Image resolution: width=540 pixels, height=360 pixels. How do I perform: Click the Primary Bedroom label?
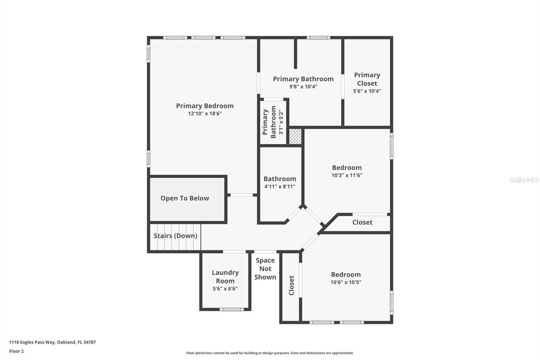205,106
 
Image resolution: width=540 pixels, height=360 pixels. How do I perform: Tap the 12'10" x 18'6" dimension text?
205,114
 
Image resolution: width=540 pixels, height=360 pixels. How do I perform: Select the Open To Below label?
185,198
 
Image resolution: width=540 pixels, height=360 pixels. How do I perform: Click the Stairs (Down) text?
175,236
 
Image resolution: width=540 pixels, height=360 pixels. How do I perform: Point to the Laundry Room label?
225,277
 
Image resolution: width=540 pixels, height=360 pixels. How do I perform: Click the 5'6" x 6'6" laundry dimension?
225,289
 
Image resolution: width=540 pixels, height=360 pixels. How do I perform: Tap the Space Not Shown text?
265,269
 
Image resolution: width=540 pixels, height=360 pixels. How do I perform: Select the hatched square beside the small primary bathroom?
295,137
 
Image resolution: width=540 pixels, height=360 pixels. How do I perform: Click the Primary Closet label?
367,79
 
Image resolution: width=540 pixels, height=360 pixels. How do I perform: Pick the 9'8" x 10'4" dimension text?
303,87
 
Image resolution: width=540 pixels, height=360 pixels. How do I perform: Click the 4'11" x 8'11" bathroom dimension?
280,186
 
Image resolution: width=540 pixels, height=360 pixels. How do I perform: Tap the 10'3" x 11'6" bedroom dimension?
347,175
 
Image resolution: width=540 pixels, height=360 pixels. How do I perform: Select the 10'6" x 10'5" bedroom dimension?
346,282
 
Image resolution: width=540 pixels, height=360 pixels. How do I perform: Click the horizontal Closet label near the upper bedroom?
362,222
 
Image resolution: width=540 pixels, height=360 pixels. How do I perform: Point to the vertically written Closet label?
291,285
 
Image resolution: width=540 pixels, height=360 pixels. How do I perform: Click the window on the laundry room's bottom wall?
232,309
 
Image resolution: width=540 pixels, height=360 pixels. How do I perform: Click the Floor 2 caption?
16,351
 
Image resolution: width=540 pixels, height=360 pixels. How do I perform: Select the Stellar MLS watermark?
524,180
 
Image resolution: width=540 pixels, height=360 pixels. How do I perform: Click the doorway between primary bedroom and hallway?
242,195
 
